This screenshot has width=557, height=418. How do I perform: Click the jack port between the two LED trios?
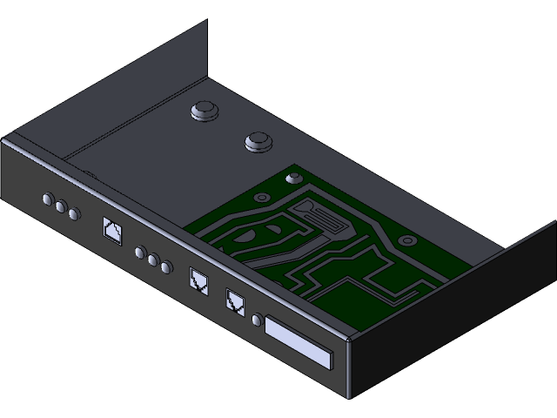pyautogui.click(x=112, y=232)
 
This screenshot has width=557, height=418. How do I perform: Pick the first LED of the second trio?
pyautogui.click(x=140, y=253)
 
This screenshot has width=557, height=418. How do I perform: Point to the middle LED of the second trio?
pyautogui.click(x=152, y=260)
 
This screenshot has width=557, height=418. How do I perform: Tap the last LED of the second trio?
pyautogui.click(x=165, y=266)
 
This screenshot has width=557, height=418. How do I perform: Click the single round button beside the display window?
pyautogui.click(x=257, y=320)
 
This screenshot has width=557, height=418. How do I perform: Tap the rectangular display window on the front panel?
pyautogui.click(x=299, y=344)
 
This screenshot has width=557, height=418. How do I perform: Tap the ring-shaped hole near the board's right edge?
pyautogui.click(x=406, y=239)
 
